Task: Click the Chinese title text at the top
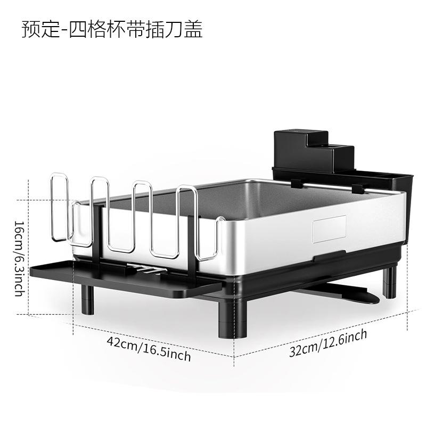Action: [x=112, y=29]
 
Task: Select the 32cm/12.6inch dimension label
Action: [x=328, y=343]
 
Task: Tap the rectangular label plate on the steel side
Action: [x=329, y=229]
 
